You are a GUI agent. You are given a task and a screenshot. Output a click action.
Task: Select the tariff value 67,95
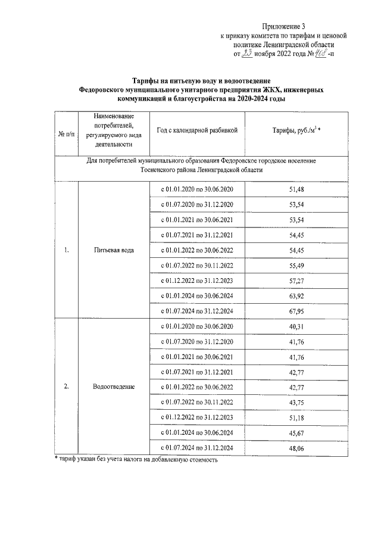click(288, 311)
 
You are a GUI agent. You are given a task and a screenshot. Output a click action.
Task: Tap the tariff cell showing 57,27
click(288, 281)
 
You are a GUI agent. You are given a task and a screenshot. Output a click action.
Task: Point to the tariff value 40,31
click(288, 326)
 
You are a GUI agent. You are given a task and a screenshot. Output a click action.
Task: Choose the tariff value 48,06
click(288, 448)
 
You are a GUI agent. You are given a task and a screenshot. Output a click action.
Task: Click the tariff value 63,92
click(288, 296)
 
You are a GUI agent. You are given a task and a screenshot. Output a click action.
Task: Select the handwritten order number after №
click(326, 54)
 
